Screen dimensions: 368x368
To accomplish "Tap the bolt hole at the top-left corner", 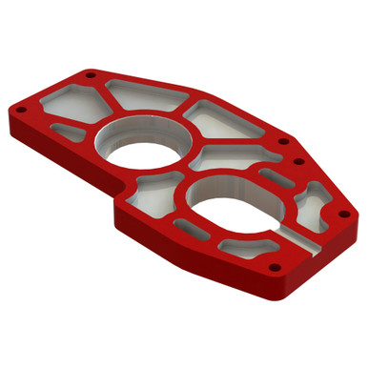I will tap(90, 73).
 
